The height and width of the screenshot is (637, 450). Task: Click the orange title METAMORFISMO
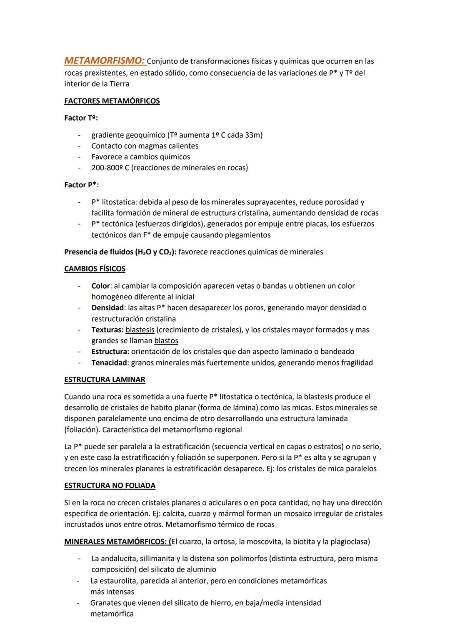click(105, 61)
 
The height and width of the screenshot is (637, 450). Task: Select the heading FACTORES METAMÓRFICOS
click(112, 101)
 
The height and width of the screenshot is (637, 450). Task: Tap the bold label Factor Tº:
click(81, 118)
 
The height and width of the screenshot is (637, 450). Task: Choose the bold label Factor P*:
click(81, 185)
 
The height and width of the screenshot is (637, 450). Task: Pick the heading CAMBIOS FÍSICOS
click(95, 269)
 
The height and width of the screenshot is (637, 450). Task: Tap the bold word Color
click(100, 286)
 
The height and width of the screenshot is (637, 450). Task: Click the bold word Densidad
click(107, 308)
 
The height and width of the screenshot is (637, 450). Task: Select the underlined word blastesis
click(140, 330)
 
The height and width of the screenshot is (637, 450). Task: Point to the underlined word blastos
click(166, 340)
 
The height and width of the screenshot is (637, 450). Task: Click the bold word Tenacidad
click(109, 363)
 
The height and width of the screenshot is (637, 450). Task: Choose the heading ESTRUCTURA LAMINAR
click(105, 380)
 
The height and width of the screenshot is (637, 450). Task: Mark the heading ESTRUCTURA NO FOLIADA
click(110, 486)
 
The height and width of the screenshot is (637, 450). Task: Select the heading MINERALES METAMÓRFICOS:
click(116, 541)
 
